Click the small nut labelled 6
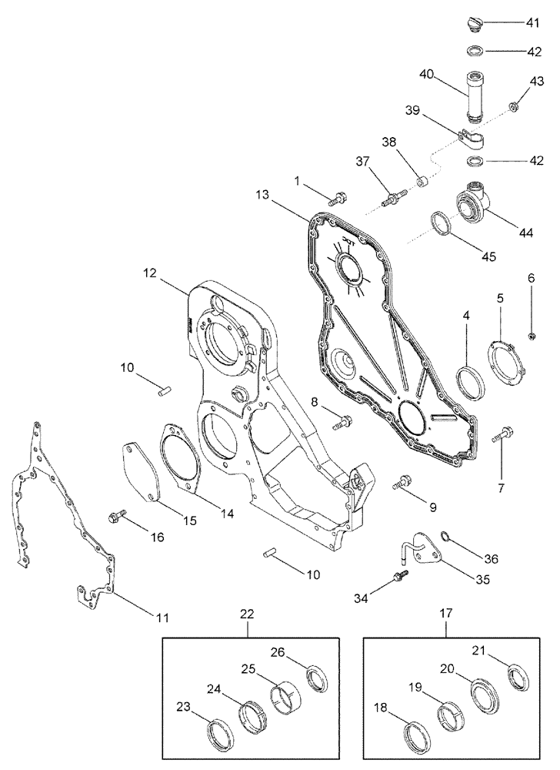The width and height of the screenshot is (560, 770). click(x=530, y=335)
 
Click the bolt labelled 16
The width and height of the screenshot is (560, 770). click(x=119, y=514)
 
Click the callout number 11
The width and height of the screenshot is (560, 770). click(x=162, y=617)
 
